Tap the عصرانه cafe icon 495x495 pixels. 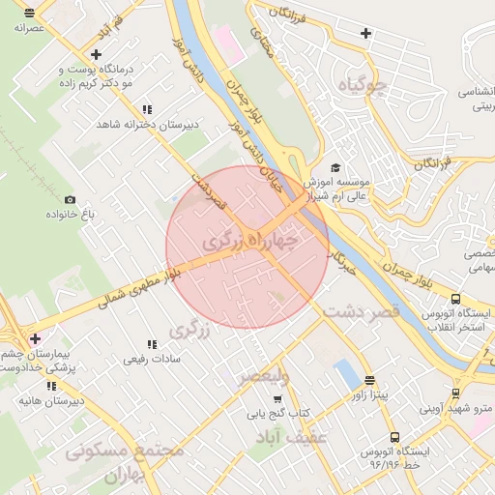[x=30, y=14]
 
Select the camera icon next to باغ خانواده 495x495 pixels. [x=70, y=200]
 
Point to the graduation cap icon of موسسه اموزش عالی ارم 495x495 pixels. [x=335, y=167]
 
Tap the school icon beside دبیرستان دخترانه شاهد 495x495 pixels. [x=147, y=110]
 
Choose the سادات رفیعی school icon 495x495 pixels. [x=151, y=344]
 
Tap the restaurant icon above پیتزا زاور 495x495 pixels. [x=369, y=380]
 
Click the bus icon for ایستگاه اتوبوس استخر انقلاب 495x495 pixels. [x=455, y=300]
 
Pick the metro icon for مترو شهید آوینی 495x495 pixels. [x=455, y=393]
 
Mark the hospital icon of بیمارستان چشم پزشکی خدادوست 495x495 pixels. [x=36, y=338]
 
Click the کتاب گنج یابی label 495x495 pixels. [x=278, y=413]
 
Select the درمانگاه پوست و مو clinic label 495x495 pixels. [x=102, y=77]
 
